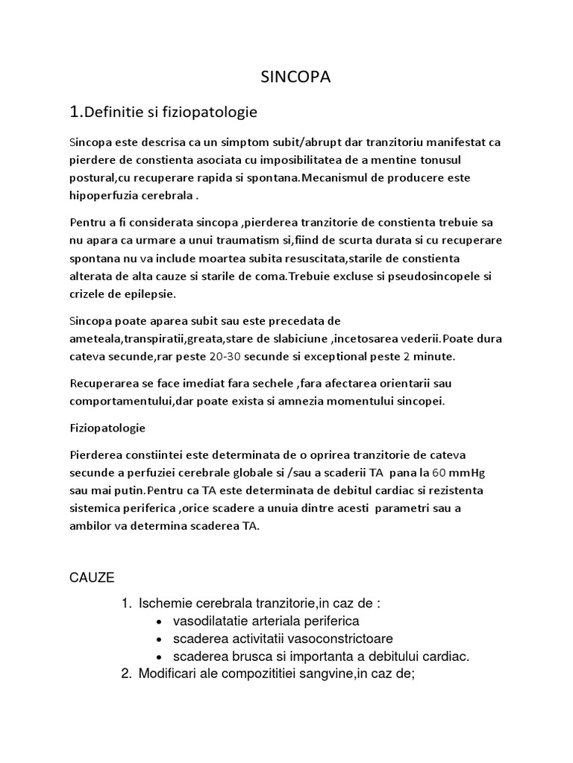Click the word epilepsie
[148, 294]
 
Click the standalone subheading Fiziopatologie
[107, 428]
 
